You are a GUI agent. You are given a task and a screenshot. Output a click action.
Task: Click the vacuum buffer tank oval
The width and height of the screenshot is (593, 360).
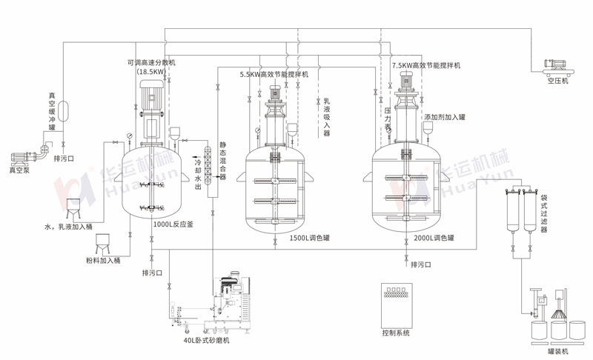[63, 110]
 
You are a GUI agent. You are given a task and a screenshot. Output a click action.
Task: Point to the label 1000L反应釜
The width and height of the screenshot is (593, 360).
[173, 224]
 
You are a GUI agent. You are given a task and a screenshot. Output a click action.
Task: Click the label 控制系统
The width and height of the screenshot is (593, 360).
[395, 333]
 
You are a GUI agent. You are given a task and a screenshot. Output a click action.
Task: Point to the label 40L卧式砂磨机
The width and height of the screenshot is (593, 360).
[208, 340]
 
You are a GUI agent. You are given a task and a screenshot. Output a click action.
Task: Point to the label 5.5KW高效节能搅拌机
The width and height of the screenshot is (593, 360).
[274, 74]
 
